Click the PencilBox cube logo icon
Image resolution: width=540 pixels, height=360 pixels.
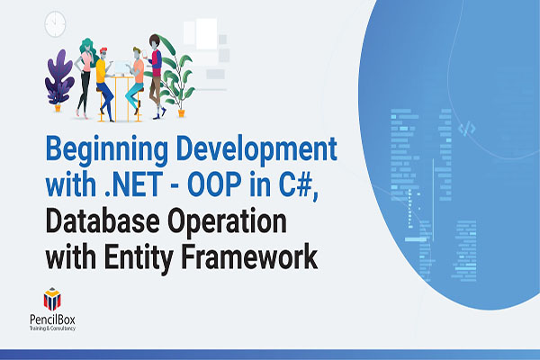click(54, 299)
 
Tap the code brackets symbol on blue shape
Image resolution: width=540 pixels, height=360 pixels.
click(466, 129)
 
